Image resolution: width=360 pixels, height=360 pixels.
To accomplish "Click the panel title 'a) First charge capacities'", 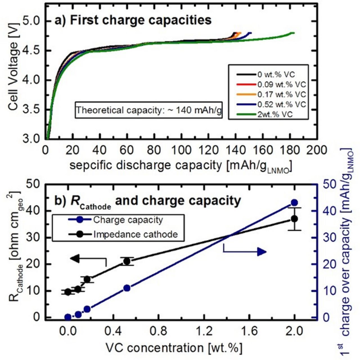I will click(x=132, y=20).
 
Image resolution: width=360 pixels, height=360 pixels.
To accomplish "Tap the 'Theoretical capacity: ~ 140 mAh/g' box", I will click(x=148, y=110).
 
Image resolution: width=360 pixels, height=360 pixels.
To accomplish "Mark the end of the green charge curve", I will click(x=293, y=33).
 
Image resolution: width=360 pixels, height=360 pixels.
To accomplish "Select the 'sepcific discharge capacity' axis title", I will click(x=180, y=166).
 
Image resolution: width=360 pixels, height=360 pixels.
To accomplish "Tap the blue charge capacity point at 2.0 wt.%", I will click(x=294, y=203).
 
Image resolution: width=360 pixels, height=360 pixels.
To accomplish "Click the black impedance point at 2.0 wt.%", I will click(x=294, y=219).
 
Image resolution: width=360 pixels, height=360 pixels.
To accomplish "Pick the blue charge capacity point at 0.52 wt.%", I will click(x=127, y=288).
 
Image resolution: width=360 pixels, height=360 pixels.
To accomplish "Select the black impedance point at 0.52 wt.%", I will click(x=127, y=261).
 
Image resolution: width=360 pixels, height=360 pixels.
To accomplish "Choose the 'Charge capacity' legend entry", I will click(x=128, y=220).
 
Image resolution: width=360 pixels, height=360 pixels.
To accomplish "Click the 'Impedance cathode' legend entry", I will click(x=135, y=234).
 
